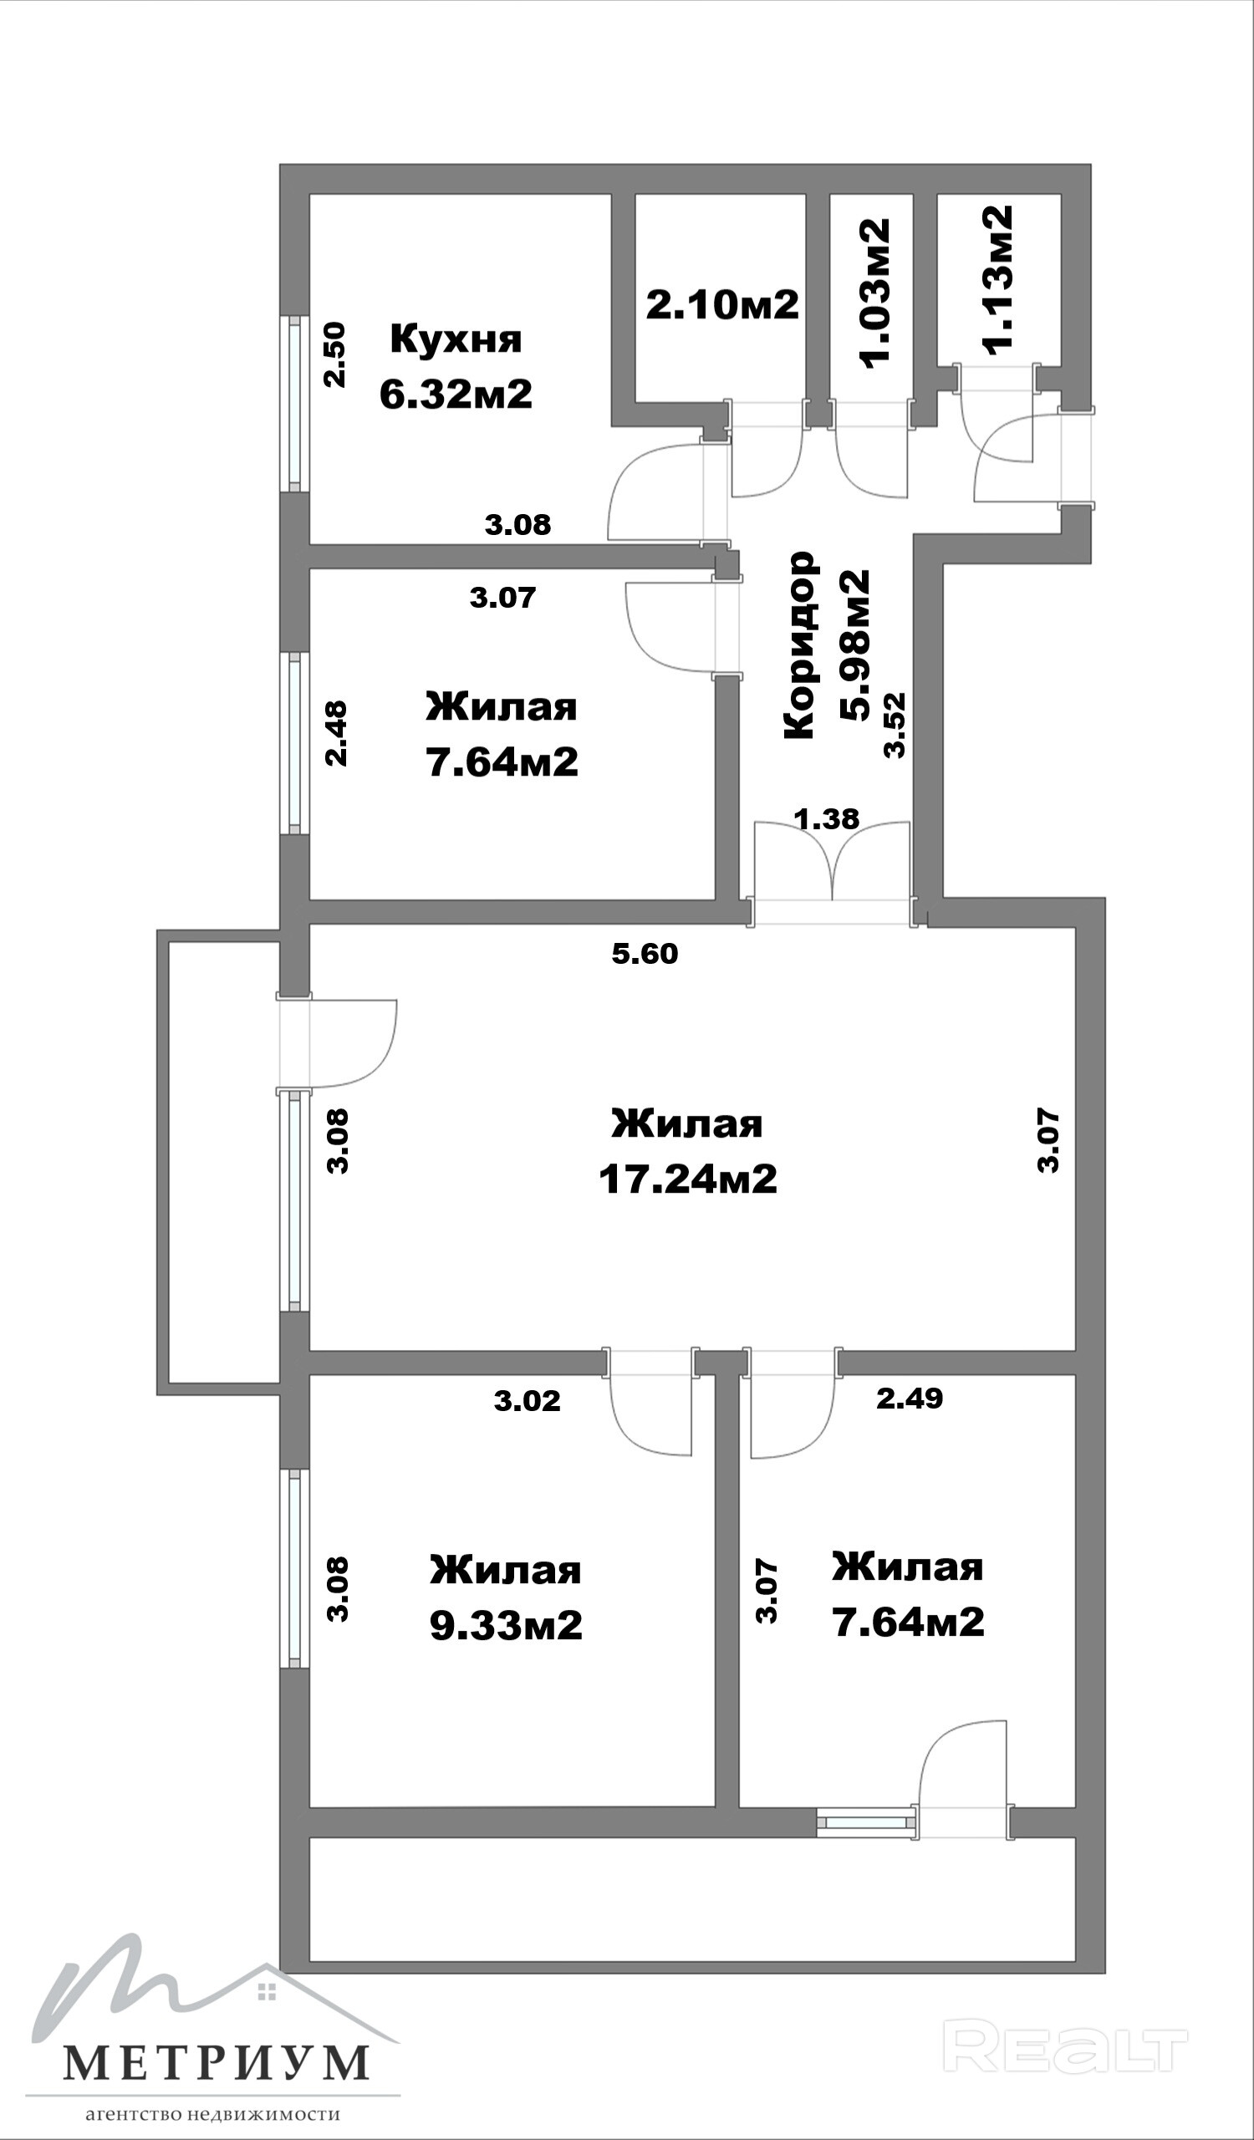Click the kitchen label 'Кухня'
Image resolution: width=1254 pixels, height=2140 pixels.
click(x=456, y=339)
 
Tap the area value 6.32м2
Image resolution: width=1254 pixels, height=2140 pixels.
click(x=456, y=394)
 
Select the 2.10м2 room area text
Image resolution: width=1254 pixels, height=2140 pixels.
click(x=722, y=304)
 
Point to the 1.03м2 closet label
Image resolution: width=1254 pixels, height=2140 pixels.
click(x=875, y=293)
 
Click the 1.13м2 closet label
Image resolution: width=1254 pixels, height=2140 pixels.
click(x=997, y=278)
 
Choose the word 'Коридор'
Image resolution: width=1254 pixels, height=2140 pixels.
click(x=800, y=645)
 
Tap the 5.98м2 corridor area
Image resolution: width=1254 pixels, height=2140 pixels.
click(x=855, y=645)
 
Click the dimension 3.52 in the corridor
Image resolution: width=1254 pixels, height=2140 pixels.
click(x=895, y=726)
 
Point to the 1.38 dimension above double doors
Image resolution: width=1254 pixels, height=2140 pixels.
click(x=826, y=818)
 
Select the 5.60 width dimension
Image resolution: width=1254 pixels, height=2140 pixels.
click(x=645, y=954)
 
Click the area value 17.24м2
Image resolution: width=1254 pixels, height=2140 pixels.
click(x=688, y=1180)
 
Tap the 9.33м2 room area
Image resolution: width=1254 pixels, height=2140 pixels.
click(x=506, y=1625)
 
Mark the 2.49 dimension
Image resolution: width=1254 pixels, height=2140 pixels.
click(x=910, y=1398)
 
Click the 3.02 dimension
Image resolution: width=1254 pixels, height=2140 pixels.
click(x=528, y=1400)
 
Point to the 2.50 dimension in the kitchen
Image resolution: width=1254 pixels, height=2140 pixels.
click(x=336, y=354)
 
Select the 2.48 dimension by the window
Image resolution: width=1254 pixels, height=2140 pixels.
click(x=337, y=733)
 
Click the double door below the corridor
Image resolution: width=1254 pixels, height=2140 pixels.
click(x=833, y=873)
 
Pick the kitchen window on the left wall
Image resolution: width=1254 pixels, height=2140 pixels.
click(x=294, y=405)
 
